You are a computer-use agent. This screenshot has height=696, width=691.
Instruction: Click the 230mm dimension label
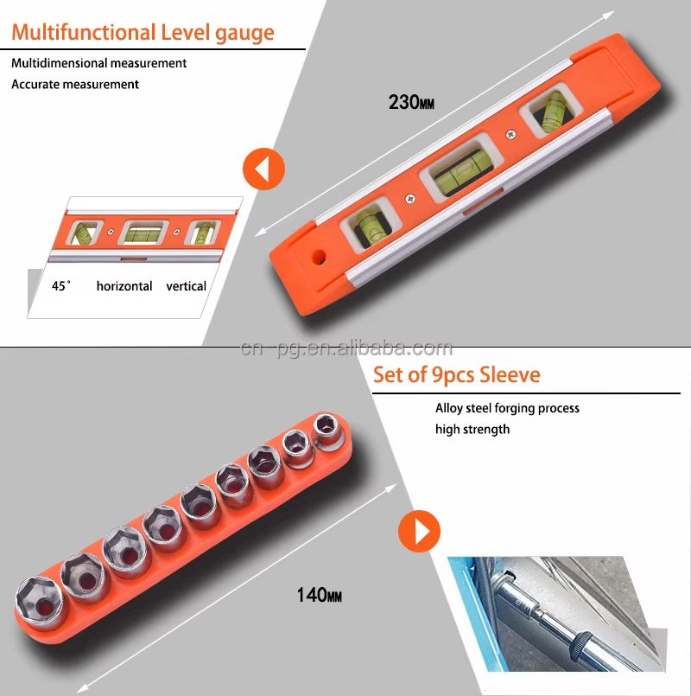click(411, 102)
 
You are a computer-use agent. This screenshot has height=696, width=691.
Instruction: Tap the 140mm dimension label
click(320, 595)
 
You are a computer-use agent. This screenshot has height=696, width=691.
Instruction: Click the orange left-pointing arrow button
click(263, 169)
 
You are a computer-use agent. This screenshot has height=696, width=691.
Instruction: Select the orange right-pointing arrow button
click(419, 532)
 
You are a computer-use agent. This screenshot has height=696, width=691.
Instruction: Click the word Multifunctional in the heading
click(84, 32)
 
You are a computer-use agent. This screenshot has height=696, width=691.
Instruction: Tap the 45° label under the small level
click(60, 285)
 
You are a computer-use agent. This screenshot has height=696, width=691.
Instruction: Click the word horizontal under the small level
click(124, 286)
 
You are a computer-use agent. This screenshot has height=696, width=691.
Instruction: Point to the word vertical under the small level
click(187, 286)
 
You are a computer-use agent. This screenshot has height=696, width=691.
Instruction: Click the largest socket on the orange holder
click(39, 599)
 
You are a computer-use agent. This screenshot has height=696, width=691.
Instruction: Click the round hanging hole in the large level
click(319, 257)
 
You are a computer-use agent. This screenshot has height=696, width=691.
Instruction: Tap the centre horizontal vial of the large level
click(462, 170)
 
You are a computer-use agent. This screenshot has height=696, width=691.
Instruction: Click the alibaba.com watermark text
click(346, 349)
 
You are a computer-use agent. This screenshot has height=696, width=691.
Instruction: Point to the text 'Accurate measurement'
click(75, 84)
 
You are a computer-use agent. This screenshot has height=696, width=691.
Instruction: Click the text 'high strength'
click(472, 429)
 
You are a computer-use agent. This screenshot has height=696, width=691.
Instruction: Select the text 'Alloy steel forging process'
click(507, 408)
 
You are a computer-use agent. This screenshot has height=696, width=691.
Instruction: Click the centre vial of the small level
click(143, 233)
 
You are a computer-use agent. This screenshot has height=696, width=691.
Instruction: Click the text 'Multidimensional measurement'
click(99, 63)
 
